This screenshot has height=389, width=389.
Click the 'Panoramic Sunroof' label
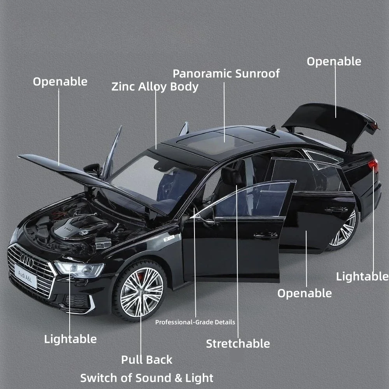coord(226,73)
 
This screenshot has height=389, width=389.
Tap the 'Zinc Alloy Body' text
coord(155,86)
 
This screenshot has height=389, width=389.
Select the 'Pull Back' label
coord(147,359)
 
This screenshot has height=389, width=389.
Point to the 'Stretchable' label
coord(238,343)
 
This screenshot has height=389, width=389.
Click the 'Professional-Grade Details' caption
coord(195,322)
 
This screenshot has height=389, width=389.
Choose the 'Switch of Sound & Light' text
coord(147,378)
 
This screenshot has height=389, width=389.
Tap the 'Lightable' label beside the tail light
coord(362,276)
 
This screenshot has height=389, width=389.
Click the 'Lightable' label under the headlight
coord(70,339)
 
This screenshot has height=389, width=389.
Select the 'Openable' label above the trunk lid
coord(334,61)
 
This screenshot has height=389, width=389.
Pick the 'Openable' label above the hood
coord(60,81)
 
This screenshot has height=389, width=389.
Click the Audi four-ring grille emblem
coord(27,261)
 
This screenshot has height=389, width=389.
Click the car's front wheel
coord(141,291)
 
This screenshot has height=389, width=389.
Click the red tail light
coord(373,165)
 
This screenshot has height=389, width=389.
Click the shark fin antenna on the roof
coord(273,128)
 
